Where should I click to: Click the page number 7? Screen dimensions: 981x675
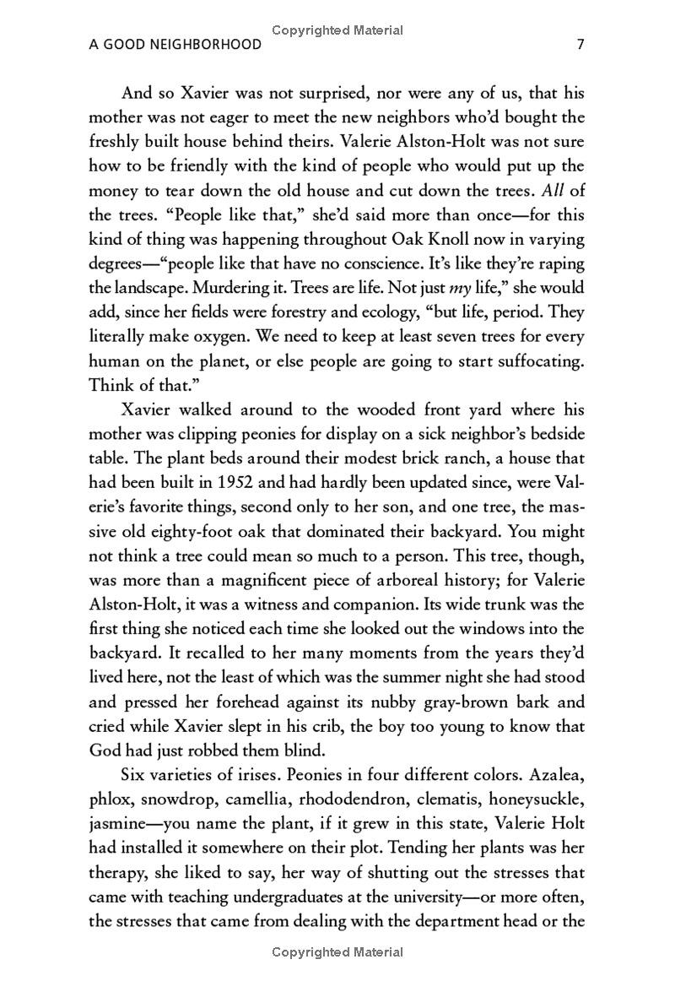(x=580, y=45)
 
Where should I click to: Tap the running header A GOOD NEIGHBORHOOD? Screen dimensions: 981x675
(x=175, y=45)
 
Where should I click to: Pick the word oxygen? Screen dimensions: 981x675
(x=213, y=337)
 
